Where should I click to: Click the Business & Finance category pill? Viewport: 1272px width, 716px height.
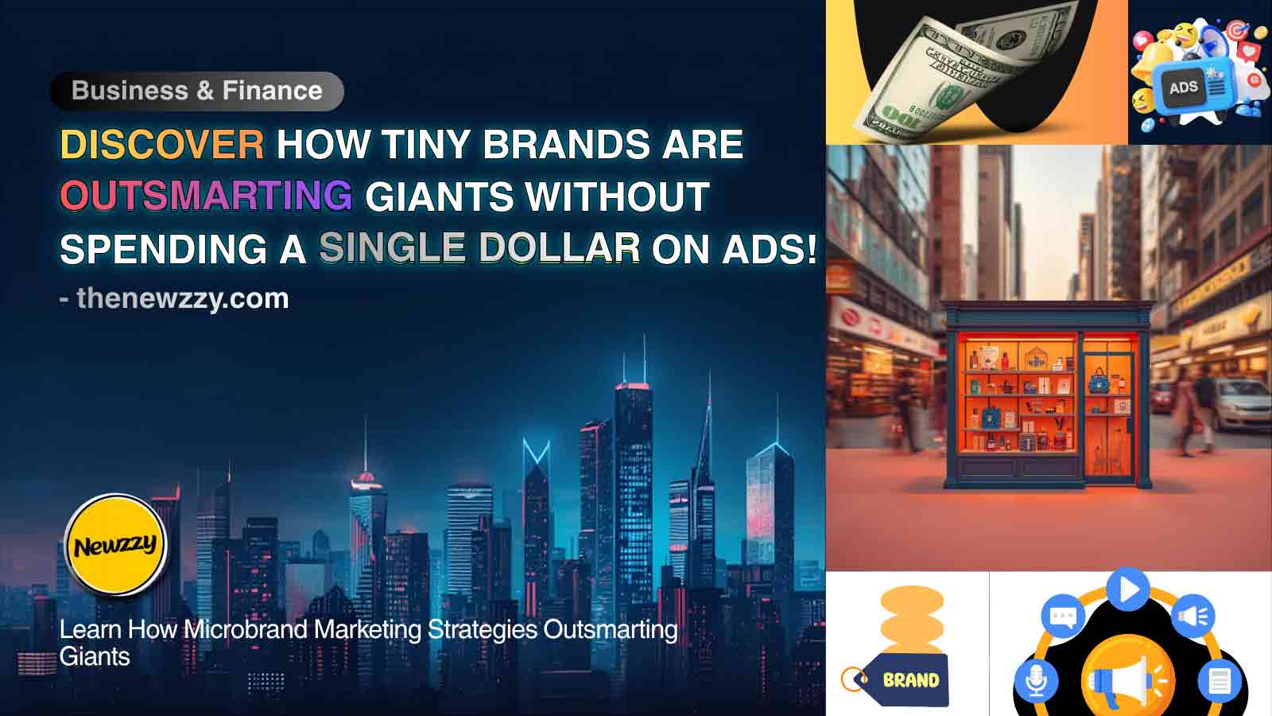(x=196, y=91)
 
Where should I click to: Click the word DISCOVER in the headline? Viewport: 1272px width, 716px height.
(x=162, y=145)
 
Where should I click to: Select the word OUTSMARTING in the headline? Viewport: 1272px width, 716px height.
(x=206, y=197)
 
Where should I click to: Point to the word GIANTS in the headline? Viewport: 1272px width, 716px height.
(x=440, y=197)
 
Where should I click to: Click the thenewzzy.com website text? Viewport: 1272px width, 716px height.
(x=182, y=298)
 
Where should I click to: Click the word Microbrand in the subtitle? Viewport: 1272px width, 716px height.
(x=248, y=629)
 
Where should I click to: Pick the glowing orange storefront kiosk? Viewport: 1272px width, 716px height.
(x=1048, y=395)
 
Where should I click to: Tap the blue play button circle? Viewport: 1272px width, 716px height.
(x=1128, y=589)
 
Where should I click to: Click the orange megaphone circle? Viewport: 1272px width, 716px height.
(x=1128, y=680)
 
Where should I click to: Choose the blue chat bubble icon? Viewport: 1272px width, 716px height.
(x=1063, y=616)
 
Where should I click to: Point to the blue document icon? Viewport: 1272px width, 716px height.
(x=1220, y=680)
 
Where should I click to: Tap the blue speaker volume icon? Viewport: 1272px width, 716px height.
(x=1192, y=616)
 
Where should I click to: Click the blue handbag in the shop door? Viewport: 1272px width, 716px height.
(x=1099, y=381)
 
